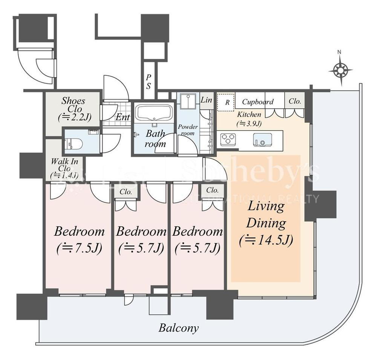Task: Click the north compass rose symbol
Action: [x=341, y=70]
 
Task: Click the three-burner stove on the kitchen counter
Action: [x=228, y=140]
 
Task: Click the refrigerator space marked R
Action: [x=226, y=102]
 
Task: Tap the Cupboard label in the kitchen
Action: [x=258, y=102]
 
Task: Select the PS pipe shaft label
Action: [x=149, y=82]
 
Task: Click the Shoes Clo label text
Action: [x=74, y=105]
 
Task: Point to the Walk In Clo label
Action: [x=64, y=165]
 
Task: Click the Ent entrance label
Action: [x=123, y=117]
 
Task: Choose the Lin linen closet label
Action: [x=207, y=100]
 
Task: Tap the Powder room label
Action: [x=188, y=130]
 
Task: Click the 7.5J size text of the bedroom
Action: [x=80, y=248]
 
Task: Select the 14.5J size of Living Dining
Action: [x=266, y=240]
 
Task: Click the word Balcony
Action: [x=179, y=328]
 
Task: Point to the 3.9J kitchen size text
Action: [x=249, y=124]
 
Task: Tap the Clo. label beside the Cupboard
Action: [x=295, y=101]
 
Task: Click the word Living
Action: [x=266, y=206]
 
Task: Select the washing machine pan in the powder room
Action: [x=188, y=101]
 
